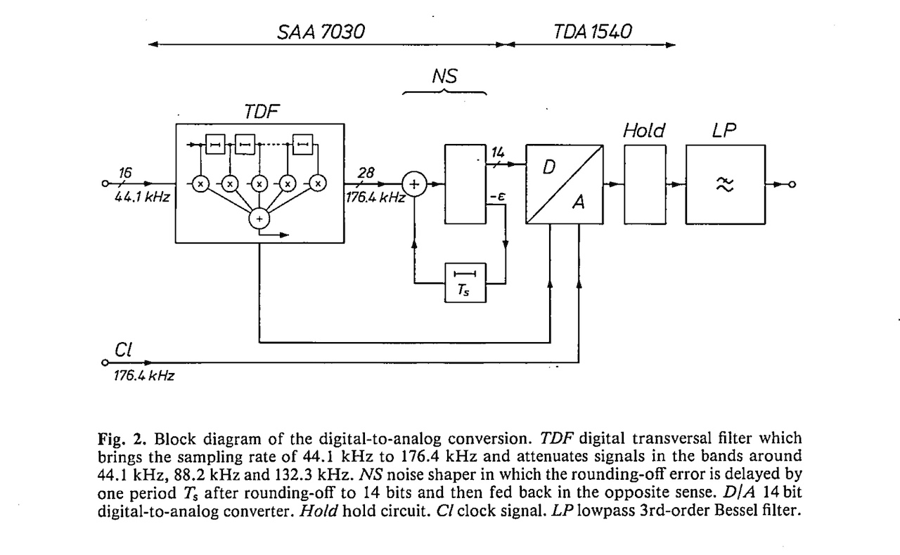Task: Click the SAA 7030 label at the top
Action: (321, 32)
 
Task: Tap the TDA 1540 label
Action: (593, 32)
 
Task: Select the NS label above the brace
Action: (445, 76)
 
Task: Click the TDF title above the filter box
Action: (260, 112)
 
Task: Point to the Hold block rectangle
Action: (644, 184)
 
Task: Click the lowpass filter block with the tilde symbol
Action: (726, 184)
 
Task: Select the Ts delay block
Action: (465, 283)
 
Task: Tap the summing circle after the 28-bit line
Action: (415, 185)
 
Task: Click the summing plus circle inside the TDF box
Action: (259, 219)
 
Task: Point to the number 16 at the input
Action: (126, 171)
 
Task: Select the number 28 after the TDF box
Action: (366, 171)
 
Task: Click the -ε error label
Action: (499, 197)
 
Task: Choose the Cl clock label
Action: (122, 349)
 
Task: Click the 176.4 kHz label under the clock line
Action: (143, 376)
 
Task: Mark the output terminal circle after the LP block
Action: (791, 185)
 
